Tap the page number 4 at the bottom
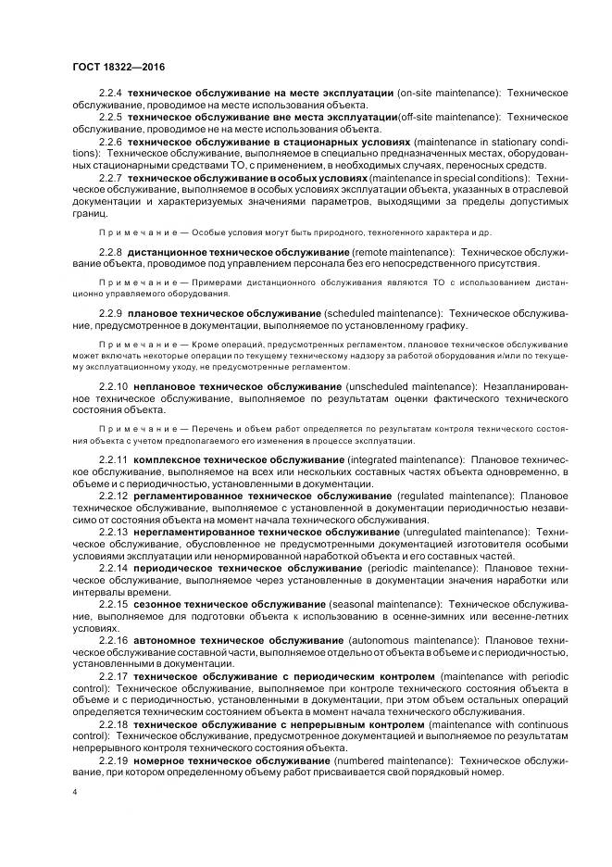74,795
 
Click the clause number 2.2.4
110,94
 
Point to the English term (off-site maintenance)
449,117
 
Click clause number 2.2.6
110,143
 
